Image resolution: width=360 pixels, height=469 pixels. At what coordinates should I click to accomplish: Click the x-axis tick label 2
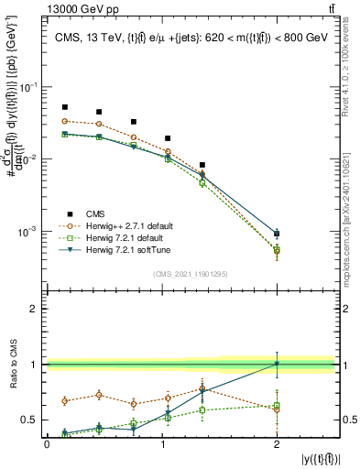tap(277, 443)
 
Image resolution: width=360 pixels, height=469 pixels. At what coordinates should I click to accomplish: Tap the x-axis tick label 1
tap(162, 443)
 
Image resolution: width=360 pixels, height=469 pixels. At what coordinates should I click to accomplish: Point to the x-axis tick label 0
tap(47, 443)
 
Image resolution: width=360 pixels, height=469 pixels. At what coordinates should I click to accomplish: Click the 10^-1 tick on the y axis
tap(29, 87)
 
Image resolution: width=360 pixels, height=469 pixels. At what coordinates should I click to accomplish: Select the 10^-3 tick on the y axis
tap(29, 232)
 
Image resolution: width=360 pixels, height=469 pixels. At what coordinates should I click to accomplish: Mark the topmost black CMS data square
tap(64, 107)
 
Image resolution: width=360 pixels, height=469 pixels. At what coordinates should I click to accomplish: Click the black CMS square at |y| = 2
tap(277, 234)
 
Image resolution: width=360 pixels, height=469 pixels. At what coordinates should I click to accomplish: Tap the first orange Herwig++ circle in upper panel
tap(64, 121)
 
